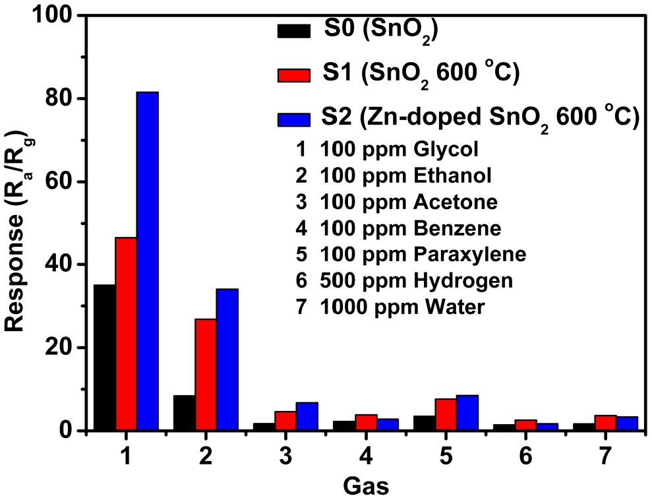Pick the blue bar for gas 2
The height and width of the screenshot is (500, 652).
[x=227, y=359]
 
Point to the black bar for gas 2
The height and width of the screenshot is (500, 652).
[x=184, y=413]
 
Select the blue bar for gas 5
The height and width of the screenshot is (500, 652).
[x=467, y=413]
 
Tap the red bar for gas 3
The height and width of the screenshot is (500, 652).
[x=285, y=421]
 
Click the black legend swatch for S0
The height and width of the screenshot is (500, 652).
[x=293, y=31]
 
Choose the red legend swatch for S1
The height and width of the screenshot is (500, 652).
[x=293, y=74]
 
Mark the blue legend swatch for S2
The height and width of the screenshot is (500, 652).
[x=293, y=119]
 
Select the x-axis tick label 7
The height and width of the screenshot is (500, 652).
[x=605, y=456]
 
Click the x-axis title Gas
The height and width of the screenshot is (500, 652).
[x=366, y=486]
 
